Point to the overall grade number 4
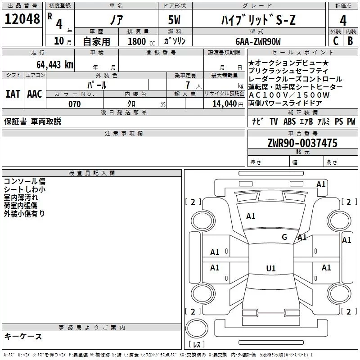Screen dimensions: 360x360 343,20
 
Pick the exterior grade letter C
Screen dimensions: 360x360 335,41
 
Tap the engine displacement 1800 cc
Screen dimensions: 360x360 137,41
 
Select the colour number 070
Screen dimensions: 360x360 74,104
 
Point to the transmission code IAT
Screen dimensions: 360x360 13,94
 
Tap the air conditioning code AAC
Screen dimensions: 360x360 34,94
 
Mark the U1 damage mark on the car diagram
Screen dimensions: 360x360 270,269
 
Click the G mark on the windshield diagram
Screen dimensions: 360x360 284,237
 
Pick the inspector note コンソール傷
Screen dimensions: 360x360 24,181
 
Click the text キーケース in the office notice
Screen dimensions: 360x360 23,337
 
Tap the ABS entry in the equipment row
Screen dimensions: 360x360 290,121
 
